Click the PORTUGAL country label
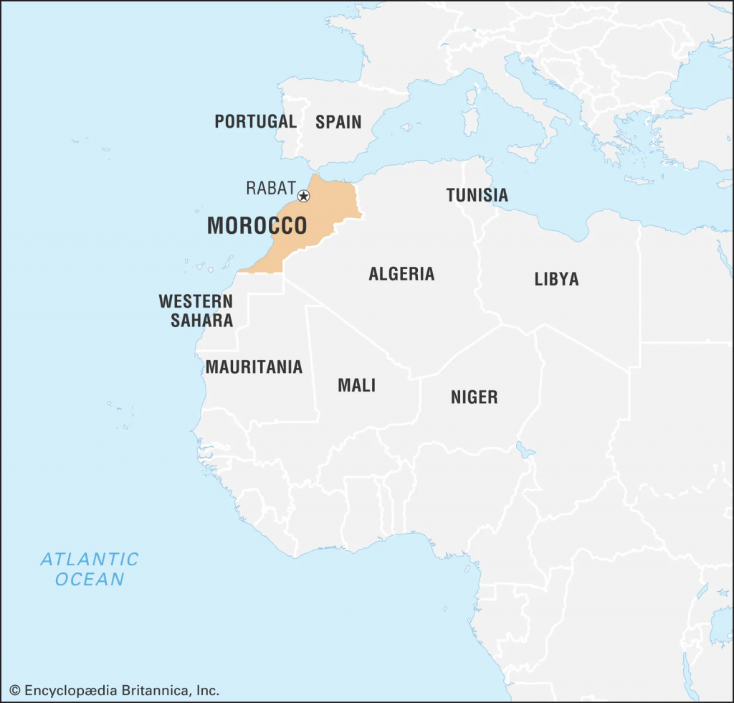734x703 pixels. tap(255, 122)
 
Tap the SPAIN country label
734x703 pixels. tap(338, 122)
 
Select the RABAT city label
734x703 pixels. tap(270, 189)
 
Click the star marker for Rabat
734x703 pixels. tap(303, 196)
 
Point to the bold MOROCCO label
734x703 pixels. tap(257, 226)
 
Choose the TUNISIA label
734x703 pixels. tap(477, 195)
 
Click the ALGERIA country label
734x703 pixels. tap(401, 273)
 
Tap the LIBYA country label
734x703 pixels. tap(556, 279)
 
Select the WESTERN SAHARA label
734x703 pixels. tap(196, 311)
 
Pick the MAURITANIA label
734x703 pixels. tap(254, 367)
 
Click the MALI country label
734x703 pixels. tap(356, 385)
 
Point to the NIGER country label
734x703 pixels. tap(474, 397)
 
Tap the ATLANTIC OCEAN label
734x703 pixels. tap(90, 569)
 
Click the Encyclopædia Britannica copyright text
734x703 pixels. tap(115, 691)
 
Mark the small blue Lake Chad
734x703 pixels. tap(524, 450)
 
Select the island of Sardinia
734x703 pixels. tap(470, 118)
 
